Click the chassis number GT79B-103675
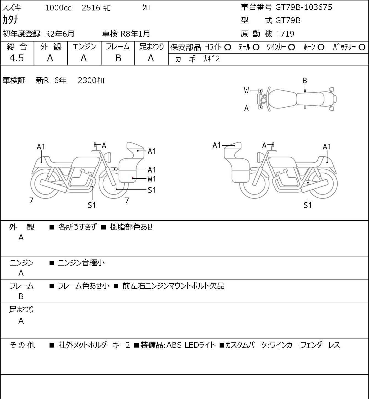pyautogui.click(x=304, y=7)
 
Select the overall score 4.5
pyautogui.click(x=17, y=58)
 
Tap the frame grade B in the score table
pyautogui.click(x=118, y=58)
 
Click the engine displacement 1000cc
pyautogui.click(x=58, y=8)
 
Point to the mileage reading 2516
pyautogui.click(x=91, y=8)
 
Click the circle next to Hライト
pyautogui.click(x=228, y=47)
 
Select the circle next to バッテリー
pyautogui.click(x=362, y=47)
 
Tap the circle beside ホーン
pyautogui.click(x=321, y=47)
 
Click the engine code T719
pyautogui.click(x=285, y=34)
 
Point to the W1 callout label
pyautogui.click(x=152, y=179)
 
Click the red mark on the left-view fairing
pyautogui.click(x=132, y=177)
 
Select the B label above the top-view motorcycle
pyautogui.click(x=305, y=81)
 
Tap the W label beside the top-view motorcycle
pyautogui.click(x=246, y=91)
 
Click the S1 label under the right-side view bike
pyautogui.click(x=308, y=205)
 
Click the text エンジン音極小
pyautogui.click(x=81, y=263)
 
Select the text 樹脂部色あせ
pyautogui.click(x=132, y=227)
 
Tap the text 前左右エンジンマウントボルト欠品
pyautogui.click(x=173, y=286)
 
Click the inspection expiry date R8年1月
pyautogui.click(x=135, y=34)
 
